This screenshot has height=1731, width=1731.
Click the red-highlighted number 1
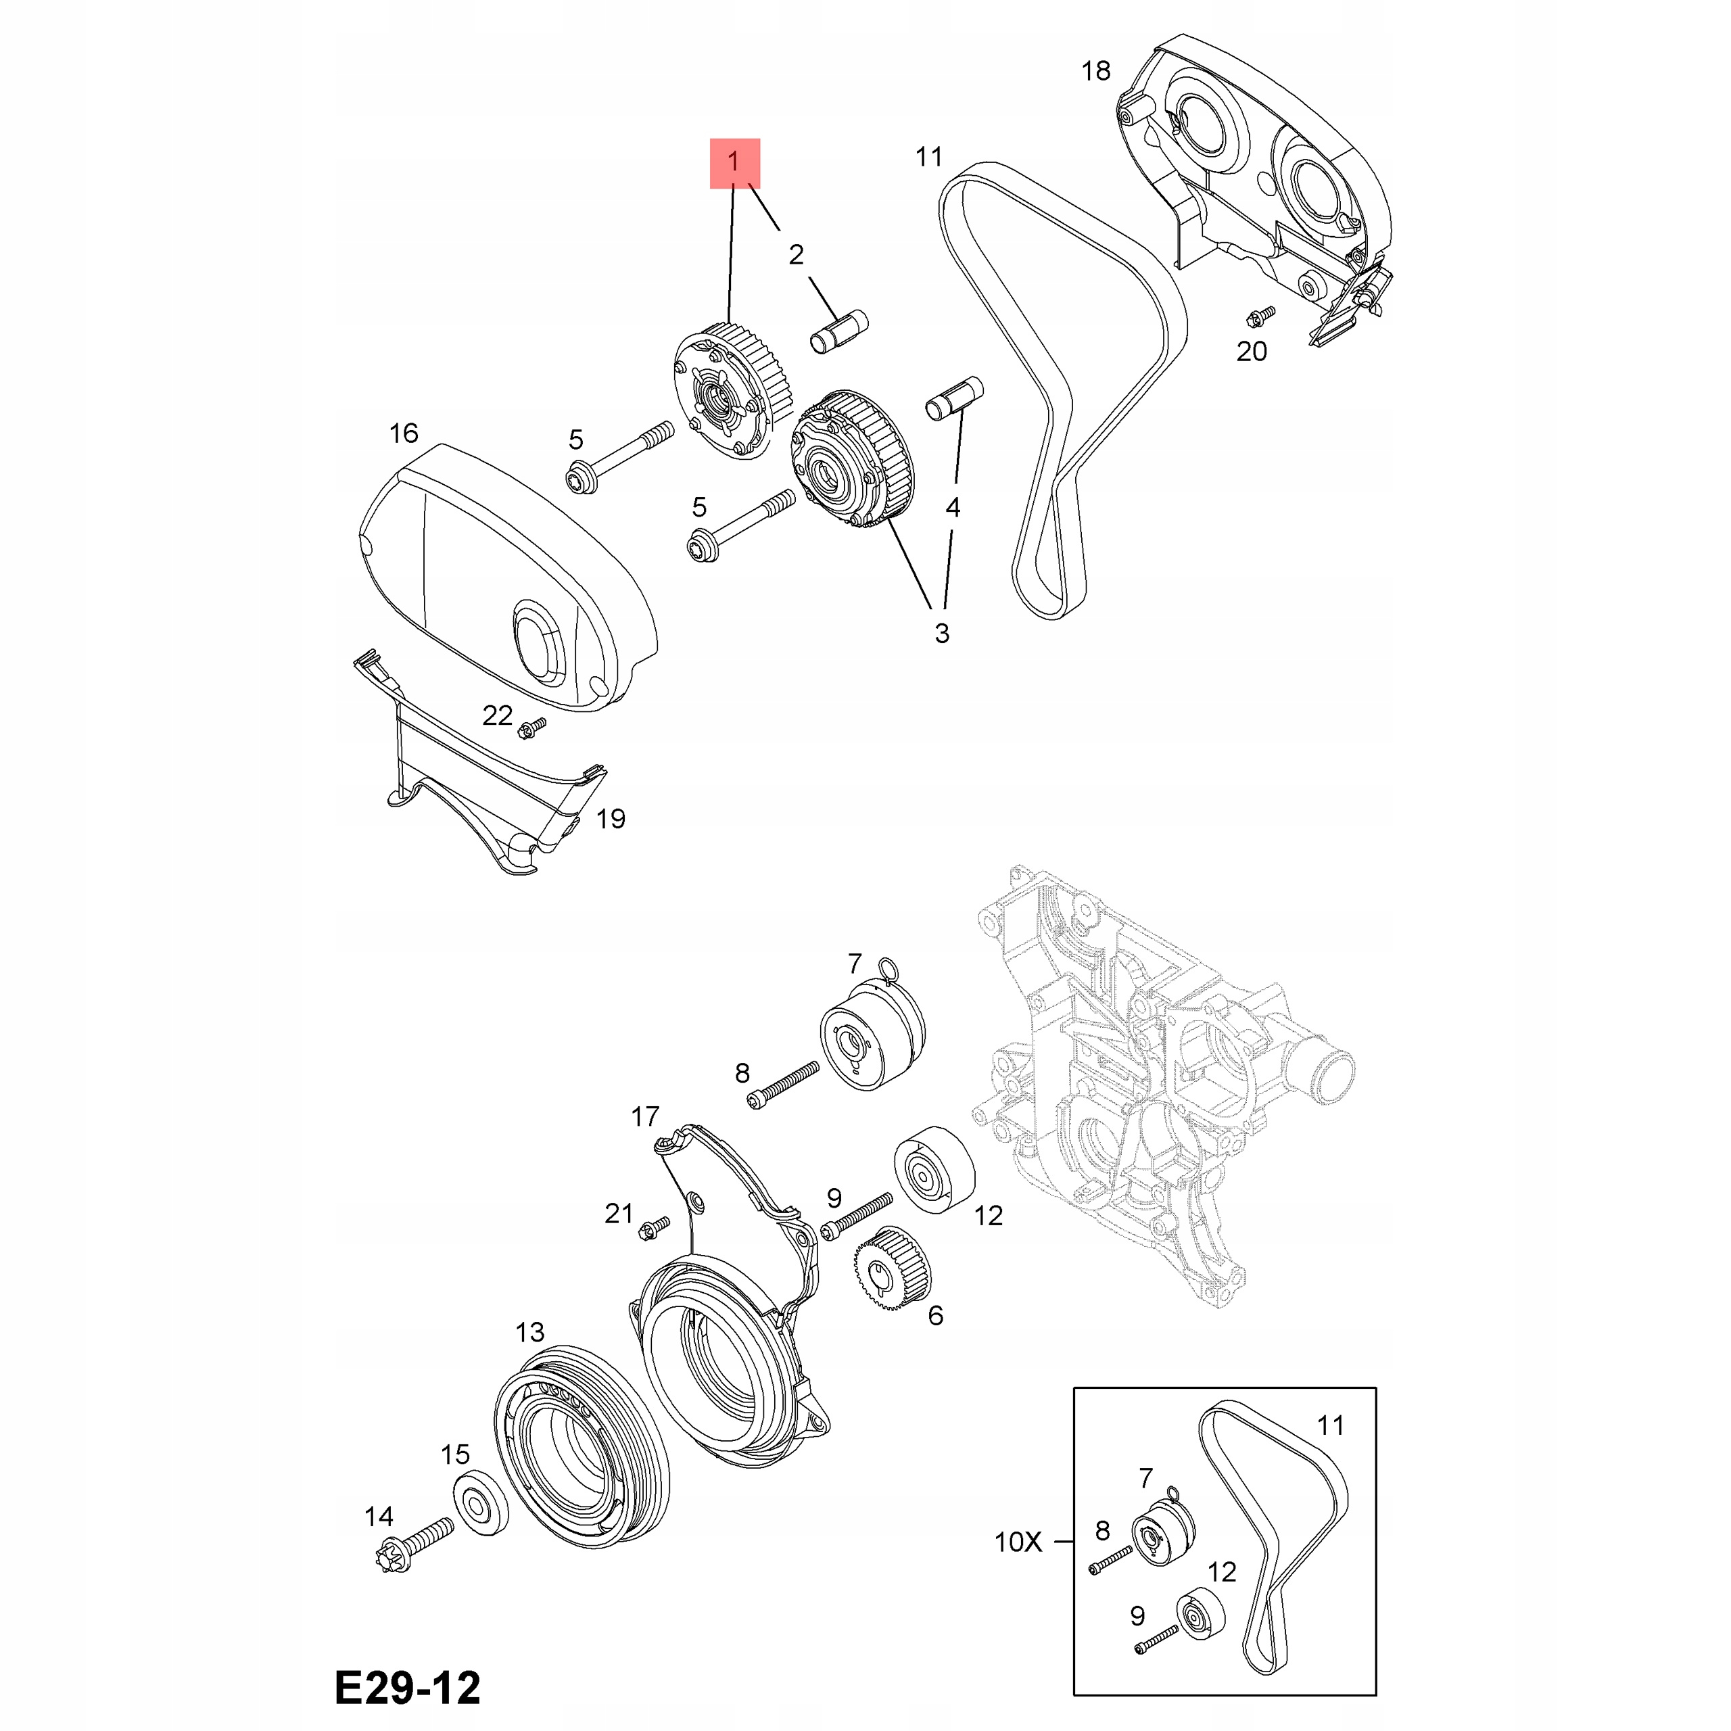pos(734,163)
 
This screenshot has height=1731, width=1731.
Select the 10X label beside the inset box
pos(1019,1542)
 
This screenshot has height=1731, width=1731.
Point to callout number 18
pos(1096,71)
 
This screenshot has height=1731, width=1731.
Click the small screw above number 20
pos(1260,315)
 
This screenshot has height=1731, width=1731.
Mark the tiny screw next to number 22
pos(532,728)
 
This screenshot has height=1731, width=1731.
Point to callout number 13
pos(529,1332)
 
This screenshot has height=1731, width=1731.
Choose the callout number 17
pos(645,1116)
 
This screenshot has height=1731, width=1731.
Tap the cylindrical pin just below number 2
pos(840,331)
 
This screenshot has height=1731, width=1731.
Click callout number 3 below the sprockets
pos(942,632)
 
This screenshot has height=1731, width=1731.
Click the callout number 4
pos(953,508)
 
